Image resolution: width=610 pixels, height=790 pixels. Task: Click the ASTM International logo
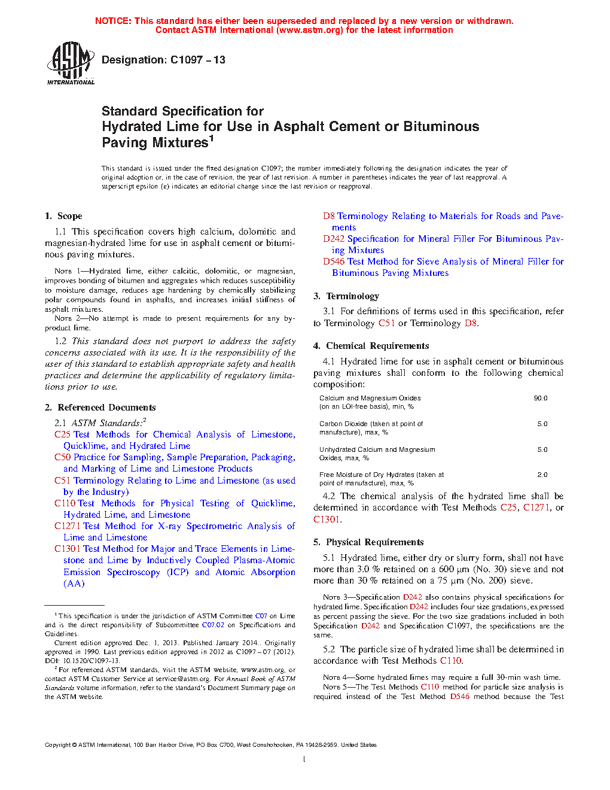(x=71, y=63)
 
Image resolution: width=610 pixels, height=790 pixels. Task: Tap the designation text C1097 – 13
(x=197, y=60)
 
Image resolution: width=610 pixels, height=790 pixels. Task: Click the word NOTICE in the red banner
(x=113, y=21)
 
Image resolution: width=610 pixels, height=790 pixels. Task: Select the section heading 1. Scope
(x=63, y=216)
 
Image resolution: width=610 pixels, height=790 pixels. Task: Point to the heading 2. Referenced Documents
(x=100, y=408)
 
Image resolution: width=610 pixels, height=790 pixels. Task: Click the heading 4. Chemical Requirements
(x=371, y=346)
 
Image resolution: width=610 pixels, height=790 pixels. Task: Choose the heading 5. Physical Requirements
(x=368, y=542)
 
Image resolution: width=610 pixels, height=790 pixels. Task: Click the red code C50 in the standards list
(x=62, y=457)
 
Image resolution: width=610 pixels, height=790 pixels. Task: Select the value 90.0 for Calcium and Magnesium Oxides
(x=541, y=398)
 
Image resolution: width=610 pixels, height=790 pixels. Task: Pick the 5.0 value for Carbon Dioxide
(x=542, y=424)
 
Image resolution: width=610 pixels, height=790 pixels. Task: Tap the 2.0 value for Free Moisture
(x=542, y=475)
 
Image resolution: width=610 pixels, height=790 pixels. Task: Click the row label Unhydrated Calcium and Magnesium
(x=377, y=449)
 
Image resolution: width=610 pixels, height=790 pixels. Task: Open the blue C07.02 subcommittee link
(x=213, y=625)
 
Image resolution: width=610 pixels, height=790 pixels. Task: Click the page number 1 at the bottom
(x=304, y=759)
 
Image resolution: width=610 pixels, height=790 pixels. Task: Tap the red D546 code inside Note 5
(x=460, y=697)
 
